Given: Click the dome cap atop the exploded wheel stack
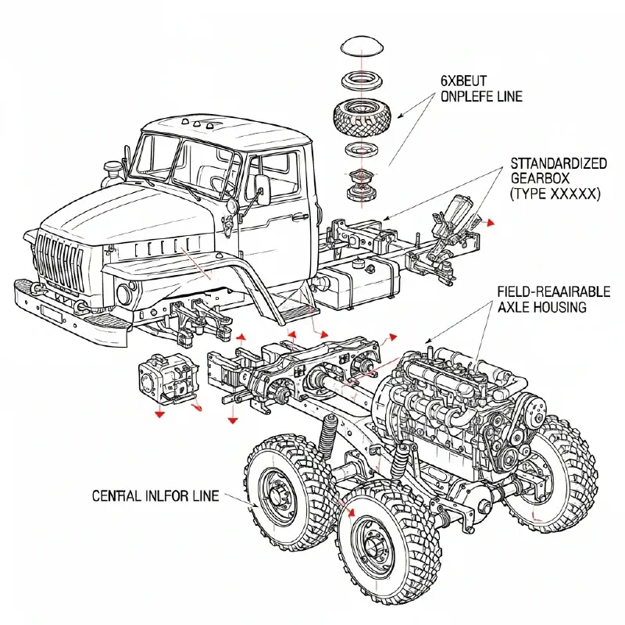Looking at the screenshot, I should (362, 45).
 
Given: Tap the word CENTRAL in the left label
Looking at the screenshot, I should (120, 496).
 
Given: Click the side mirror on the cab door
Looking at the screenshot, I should (262, 187).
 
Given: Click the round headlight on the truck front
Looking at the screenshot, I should (124, 295).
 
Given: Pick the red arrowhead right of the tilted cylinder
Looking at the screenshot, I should (491, 223).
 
